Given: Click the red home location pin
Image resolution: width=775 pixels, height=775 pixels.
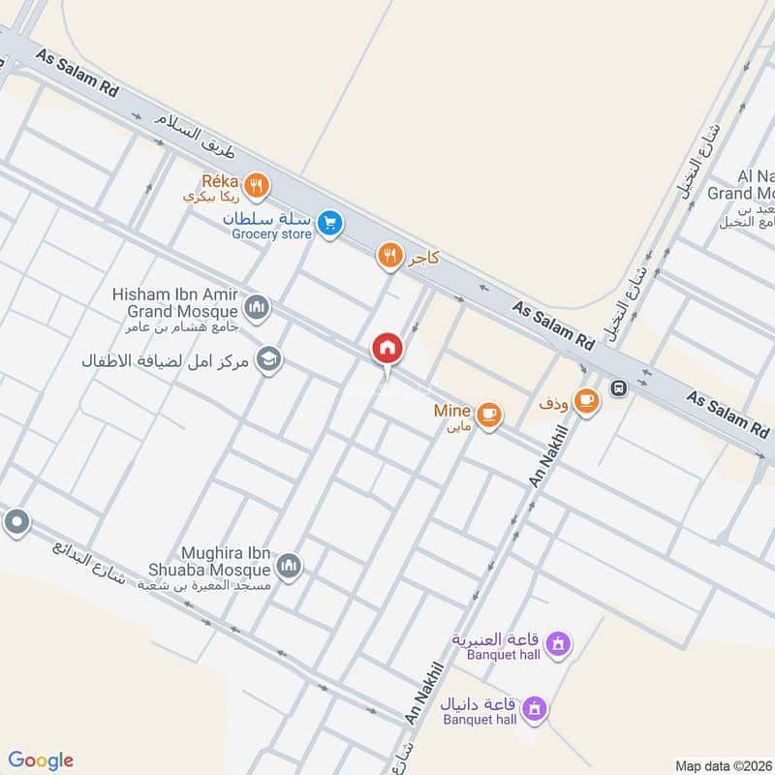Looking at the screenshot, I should [387, 348].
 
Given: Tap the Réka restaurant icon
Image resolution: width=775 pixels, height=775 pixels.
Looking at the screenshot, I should [257, 184].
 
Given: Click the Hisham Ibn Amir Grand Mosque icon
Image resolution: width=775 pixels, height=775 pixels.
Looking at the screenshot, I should [257, 308].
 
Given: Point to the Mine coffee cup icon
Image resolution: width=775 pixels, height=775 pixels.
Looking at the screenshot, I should [490, 415].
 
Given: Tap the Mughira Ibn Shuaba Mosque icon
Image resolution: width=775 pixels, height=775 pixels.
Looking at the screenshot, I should [289, 565].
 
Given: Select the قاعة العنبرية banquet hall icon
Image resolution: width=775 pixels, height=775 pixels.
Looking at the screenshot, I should [557, 642].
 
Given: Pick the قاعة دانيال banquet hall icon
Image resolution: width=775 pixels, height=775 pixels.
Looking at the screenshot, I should [532, 710].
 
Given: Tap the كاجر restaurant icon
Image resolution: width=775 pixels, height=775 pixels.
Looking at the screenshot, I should [388, 256].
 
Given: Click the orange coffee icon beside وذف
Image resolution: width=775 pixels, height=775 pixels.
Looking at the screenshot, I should [585, 400].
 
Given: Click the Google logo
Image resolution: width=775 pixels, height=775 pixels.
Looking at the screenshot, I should [41, 760].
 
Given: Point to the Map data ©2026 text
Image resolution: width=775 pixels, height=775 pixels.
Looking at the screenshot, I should [723, 765].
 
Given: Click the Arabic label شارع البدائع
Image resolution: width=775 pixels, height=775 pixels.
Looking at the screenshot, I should [88, 570].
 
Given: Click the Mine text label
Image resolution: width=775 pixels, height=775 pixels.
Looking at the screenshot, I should [452, 411].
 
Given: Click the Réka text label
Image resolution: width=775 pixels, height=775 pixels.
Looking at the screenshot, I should [219, 179].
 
